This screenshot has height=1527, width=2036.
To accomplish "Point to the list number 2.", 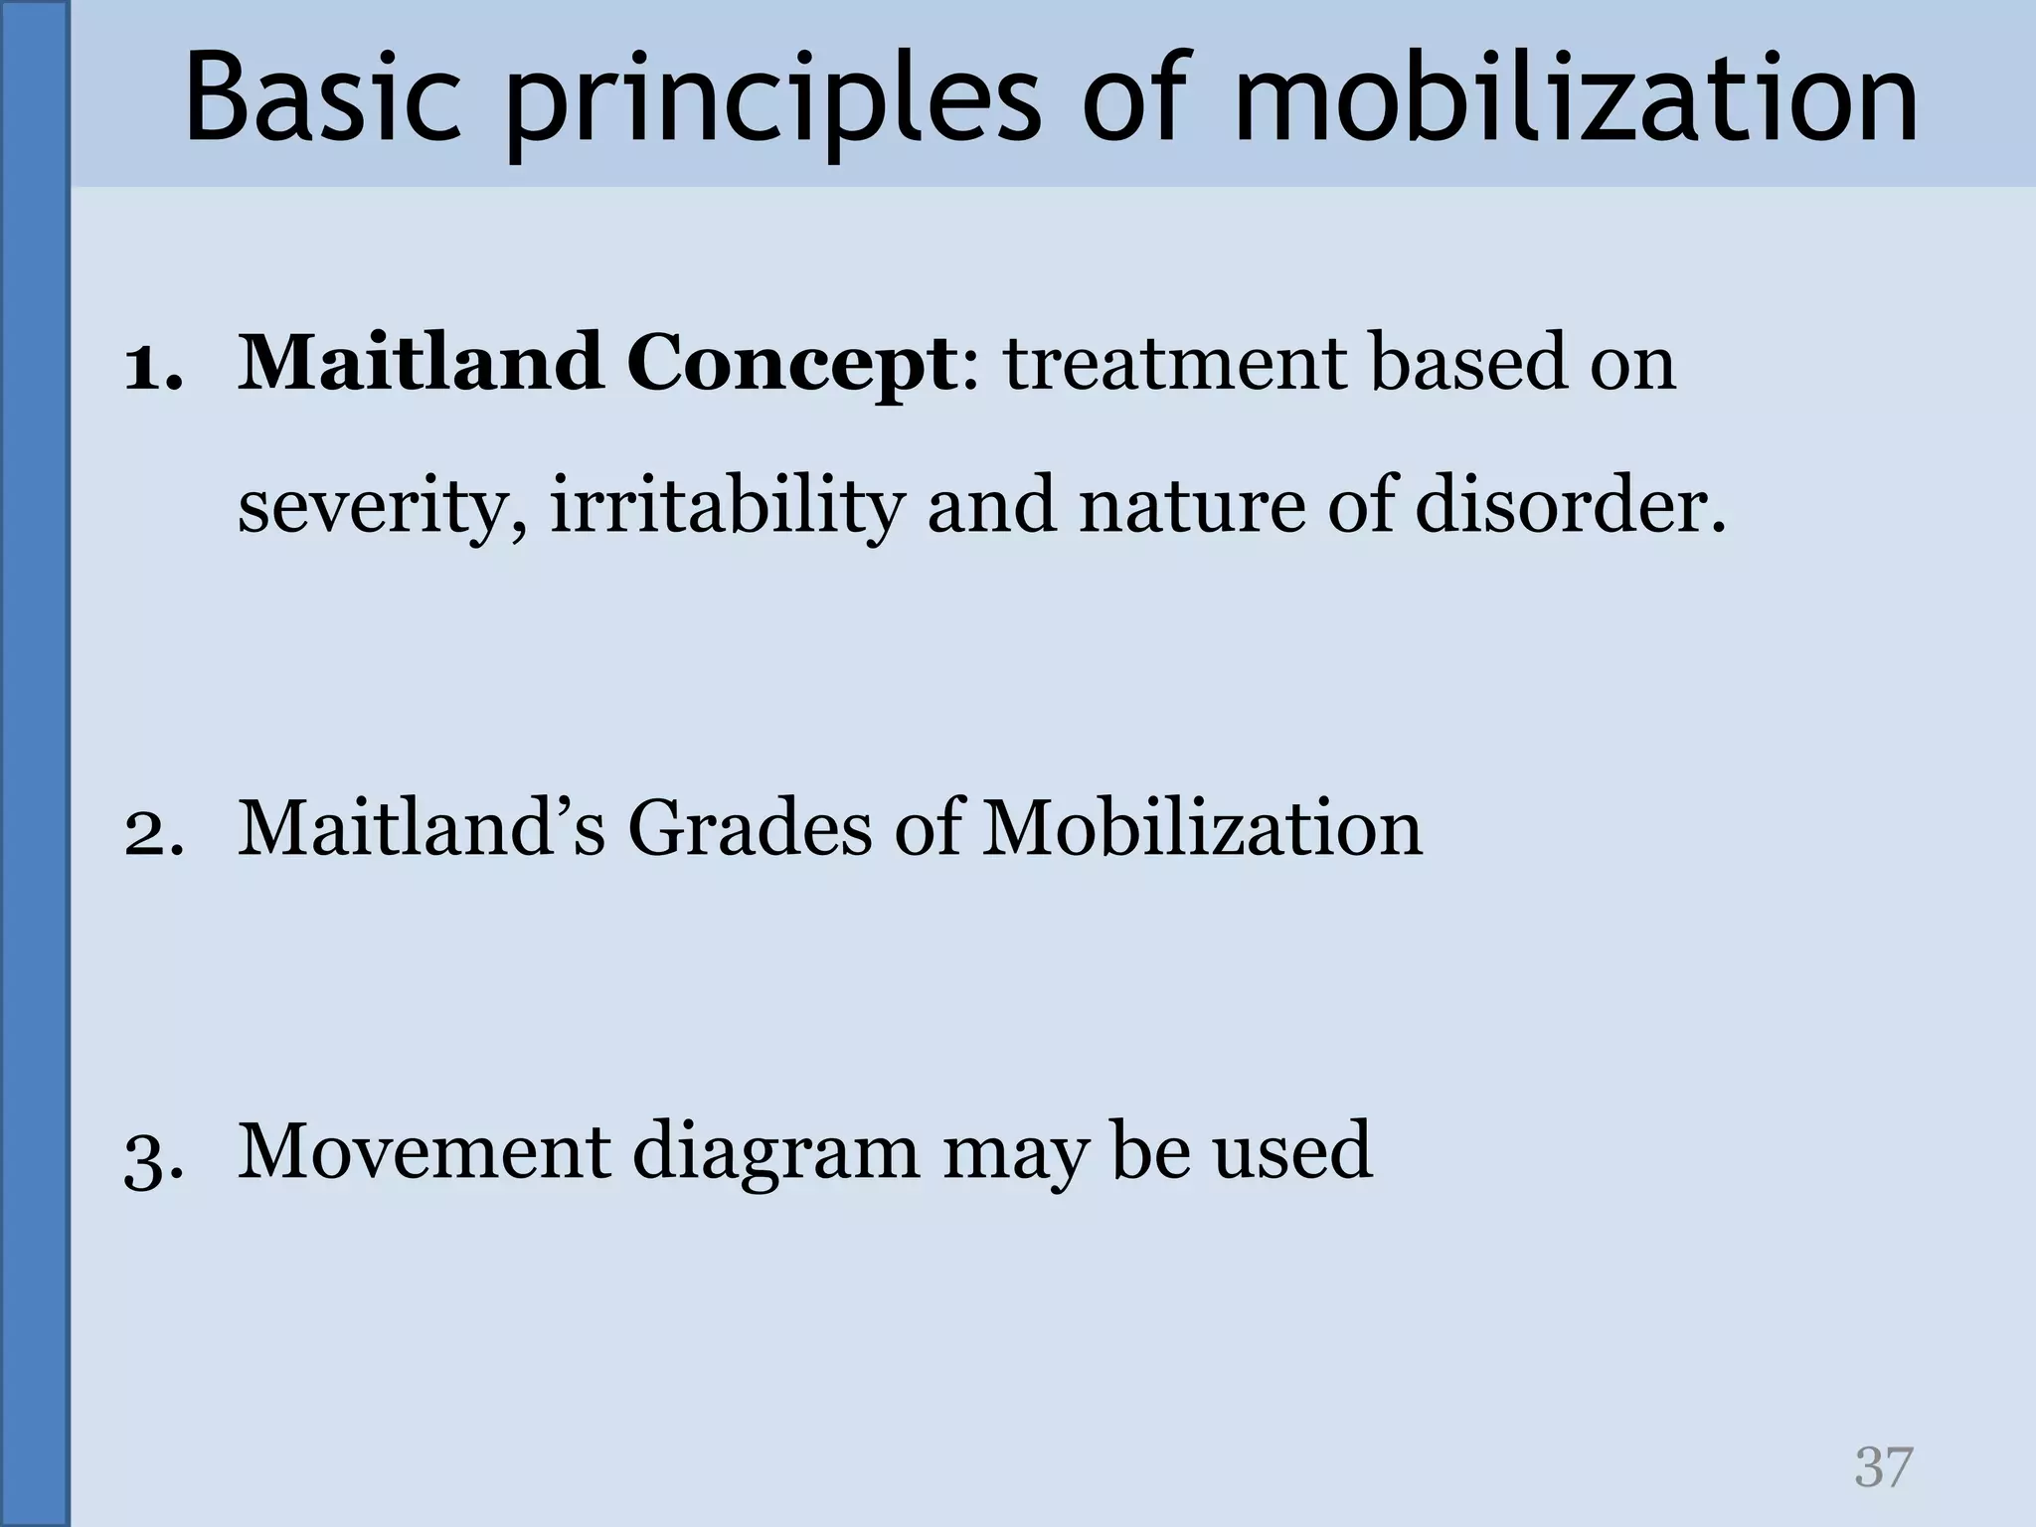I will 153,831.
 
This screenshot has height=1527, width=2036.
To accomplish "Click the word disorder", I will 1570,507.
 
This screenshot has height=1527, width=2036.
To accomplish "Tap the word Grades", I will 749,829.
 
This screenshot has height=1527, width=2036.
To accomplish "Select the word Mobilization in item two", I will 1202,829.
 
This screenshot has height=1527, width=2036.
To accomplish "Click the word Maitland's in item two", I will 421,829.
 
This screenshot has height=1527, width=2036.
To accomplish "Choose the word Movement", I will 424,1153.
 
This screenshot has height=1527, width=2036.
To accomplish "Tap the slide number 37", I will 1883,1467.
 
